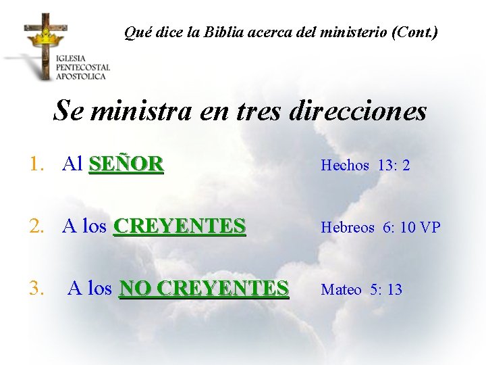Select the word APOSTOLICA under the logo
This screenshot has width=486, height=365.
tap(81, 76)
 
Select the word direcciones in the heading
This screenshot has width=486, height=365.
tap(358, 111)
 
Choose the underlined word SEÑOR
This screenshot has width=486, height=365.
tap(126, 164)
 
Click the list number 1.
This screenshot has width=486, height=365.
tap(36, 164)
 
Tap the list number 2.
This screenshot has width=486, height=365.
tap(36, 226)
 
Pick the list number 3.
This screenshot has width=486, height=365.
tap(36, 289)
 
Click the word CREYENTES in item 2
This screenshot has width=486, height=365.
tap(180, 226)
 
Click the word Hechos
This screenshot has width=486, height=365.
tap(345, 166)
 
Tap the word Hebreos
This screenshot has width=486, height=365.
tap(348, 228)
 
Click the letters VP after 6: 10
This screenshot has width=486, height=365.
tap(430, 228)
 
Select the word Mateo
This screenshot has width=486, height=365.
tap(341, 290)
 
